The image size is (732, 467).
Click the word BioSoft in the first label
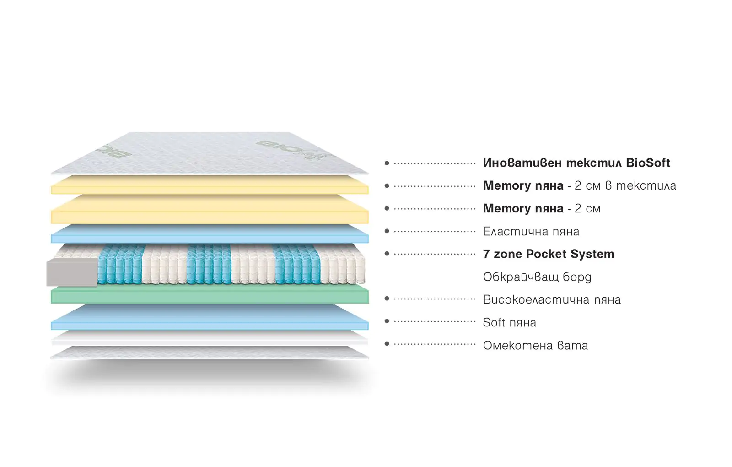pyautogui.click(x=647, y=163)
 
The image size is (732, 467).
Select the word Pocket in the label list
pyautogui.click(x=544, y=254)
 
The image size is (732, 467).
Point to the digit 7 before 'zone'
pyautogui.click(x=486, y=254)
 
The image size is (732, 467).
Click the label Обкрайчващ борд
pyautogui.click(x=537, y=277)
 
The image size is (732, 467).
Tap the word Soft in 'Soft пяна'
pyautogui.click(x=494, y=323)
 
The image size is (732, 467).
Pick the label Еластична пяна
pyautogui.click(x=531, y=232)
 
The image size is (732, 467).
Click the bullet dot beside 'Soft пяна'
pyautogui.click(x=387, y=321)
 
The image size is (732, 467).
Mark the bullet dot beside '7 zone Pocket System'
pyautogui.click(x=387, y=254)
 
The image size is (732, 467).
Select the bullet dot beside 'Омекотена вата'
pyautogui.click(x=387, y=344)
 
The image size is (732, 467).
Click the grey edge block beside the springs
pyautogui.click(x=72, y=272)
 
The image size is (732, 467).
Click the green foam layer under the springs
pyautogui.click(x=210, y=296)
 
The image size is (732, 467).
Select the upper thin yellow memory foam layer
pyautogui.click(x=210, y=185)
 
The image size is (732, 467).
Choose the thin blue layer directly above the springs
pyautogui.click(x=210, y=235)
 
